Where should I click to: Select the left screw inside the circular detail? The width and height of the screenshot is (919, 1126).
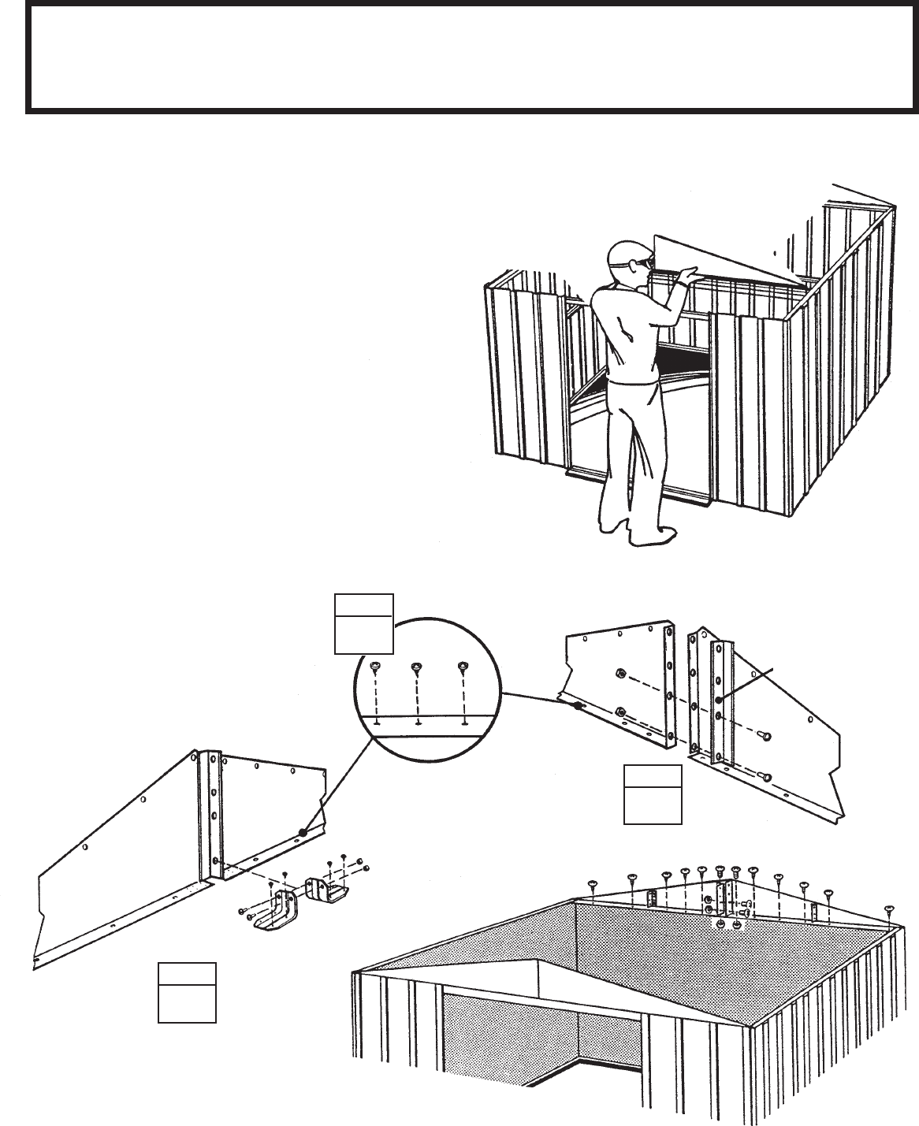click(x=376, y=668)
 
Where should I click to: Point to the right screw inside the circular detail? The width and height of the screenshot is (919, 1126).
click(x=462, y=668)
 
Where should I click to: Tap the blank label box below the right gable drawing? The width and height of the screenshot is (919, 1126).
click(x=652, y=794)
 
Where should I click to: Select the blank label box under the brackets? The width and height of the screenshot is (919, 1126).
click(x=187, y=992)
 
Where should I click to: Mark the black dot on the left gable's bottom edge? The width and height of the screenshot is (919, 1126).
click(x=303, y=831)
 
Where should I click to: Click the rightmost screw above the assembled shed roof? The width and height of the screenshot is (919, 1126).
click(x=890, y=909)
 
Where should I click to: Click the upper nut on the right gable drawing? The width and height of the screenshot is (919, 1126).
click(x=619, y=674)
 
